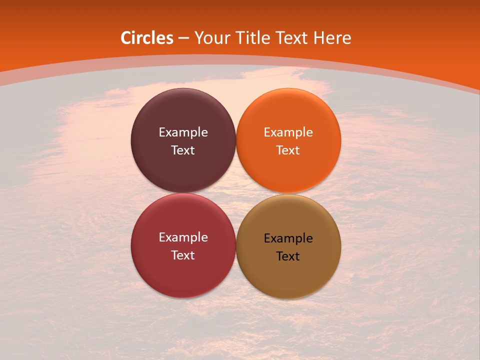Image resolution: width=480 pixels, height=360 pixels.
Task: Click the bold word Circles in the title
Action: tap(147, 38)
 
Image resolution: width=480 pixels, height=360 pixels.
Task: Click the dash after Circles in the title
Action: tap(183, 38)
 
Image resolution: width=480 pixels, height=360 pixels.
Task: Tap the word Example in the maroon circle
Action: tap(183, 132)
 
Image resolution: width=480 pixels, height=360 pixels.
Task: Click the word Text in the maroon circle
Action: tap(183, 150)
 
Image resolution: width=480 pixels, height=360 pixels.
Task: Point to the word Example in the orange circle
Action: tap(288, 132)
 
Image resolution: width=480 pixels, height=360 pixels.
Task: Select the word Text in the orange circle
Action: tap(288, 150)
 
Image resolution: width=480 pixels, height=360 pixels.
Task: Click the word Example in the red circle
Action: tap(183, 237)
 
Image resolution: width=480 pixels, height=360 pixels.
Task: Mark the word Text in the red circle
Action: tap(183, 255)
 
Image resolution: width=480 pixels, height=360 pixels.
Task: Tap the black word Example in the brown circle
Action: tap(288, 238)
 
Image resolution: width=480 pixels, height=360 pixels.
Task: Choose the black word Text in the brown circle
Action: tap(288, 256)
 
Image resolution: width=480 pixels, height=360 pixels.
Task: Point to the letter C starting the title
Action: tap(126, 38)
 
